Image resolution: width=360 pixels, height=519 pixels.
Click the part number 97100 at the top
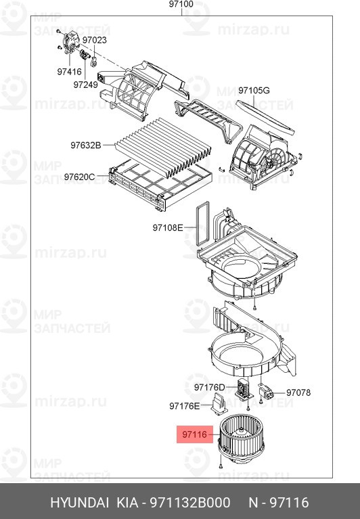(181, 4)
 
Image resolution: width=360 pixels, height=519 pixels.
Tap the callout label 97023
(95, 40)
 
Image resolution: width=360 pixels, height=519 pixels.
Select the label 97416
(69, 72)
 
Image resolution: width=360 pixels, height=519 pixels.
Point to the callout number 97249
(86, 85)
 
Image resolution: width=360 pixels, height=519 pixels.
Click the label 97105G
(254, 90)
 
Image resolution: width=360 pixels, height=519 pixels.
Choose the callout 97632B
(86, 145)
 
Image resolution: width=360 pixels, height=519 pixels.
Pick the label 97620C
(79, 177)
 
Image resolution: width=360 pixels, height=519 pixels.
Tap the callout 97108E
(168, 228)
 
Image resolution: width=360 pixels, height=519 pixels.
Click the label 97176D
(210, 387)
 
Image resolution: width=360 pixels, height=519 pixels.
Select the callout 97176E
(185, 406)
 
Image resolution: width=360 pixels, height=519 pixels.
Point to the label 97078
(298, 392)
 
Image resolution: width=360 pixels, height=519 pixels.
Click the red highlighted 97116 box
(195, 434)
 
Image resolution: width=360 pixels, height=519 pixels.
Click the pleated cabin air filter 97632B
(164, 148)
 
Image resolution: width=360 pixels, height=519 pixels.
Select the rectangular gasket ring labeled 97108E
(202, 223)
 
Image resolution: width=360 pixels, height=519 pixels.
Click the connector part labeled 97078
(267, 392)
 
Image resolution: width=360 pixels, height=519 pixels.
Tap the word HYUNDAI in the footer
(79, 503)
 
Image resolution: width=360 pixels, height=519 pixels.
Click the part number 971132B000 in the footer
(190, 503)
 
